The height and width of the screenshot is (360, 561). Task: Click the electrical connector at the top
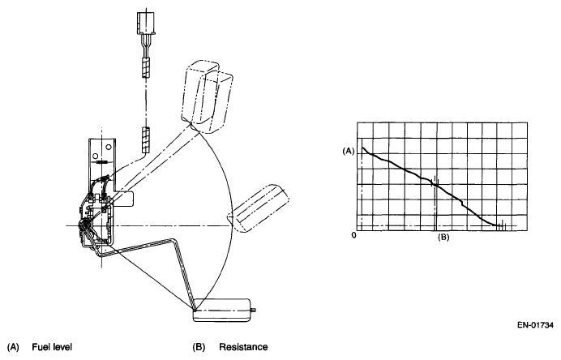(x=147, y=25)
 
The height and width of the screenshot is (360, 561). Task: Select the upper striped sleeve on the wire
(x=147, y=67)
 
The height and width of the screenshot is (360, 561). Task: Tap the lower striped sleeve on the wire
(x=147, y=139)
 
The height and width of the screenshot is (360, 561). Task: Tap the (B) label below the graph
(x=443, y=238)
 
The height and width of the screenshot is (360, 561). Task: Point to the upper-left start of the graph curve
(x=362, y=147)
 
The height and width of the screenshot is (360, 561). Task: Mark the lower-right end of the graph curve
(x=498, y=226)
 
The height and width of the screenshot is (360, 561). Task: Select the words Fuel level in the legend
(x=49, y=348)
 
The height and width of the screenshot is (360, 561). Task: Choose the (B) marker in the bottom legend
(x=199, y=348)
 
